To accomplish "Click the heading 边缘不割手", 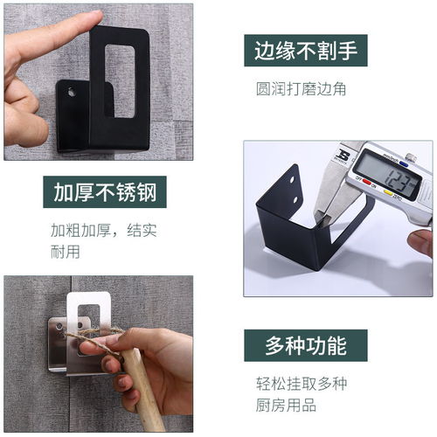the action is (306, 51).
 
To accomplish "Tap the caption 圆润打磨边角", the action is (301, 89).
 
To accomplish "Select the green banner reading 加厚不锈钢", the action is (105, 192).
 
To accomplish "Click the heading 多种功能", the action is (306, 345).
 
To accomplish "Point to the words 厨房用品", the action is (286, 405).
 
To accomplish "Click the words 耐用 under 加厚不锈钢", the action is (66, 252).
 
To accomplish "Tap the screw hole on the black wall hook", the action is (71, 92).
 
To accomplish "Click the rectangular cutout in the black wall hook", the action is (120, 81).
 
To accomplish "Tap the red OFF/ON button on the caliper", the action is (366, 183).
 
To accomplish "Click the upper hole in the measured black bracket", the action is (292, 180).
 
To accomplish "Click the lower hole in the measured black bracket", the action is (295, 200).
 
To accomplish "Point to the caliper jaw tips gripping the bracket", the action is (322, 217).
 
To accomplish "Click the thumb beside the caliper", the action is (420, 242).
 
